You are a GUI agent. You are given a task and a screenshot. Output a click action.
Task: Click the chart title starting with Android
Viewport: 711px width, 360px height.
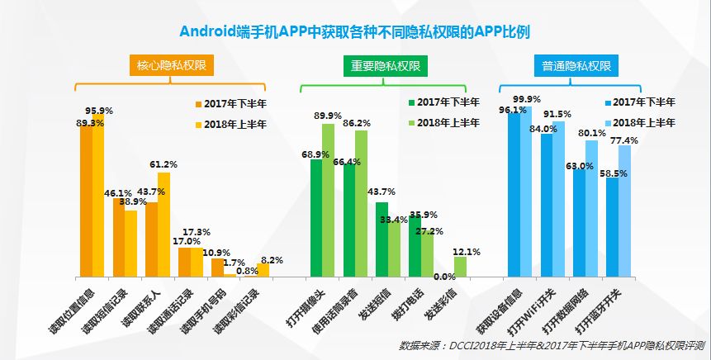[355, 31]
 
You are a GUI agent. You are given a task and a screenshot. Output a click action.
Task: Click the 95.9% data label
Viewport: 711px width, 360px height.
[99, 111]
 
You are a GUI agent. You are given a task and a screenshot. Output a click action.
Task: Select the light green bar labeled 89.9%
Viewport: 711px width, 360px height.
[328, 198]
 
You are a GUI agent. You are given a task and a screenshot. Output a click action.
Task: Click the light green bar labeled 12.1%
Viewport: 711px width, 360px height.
[460, 266]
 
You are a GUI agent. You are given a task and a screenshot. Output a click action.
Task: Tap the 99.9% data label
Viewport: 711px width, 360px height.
[527, 100]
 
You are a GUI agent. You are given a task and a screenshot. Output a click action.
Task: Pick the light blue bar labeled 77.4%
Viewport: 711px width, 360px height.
[624, 211]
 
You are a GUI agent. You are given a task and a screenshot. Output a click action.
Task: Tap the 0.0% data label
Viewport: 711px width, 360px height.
[444, 277]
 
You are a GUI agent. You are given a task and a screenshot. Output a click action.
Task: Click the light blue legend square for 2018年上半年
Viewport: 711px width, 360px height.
[609, 122]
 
